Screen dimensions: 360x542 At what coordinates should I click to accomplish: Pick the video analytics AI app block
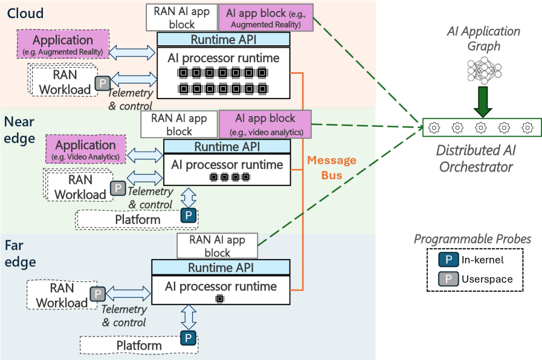coord(265,123)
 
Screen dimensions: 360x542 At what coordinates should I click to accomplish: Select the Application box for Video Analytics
coord(85,149)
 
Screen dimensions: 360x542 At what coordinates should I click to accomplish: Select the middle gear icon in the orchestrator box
coord(481,127)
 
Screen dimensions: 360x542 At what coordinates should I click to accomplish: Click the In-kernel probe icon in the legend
coord(446,260)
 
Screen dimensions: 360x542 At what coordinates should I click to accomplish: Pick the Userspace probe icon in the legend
coord(446,279)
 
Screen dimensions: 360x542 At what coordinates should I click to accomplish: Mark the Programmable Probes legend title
coord(472,239)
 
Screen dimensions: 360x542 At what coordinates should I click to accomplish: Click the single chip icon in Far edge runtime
coord(220,299)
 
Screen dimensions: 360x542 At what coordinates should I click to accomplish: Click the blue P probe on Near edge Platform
coord(190,215)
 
